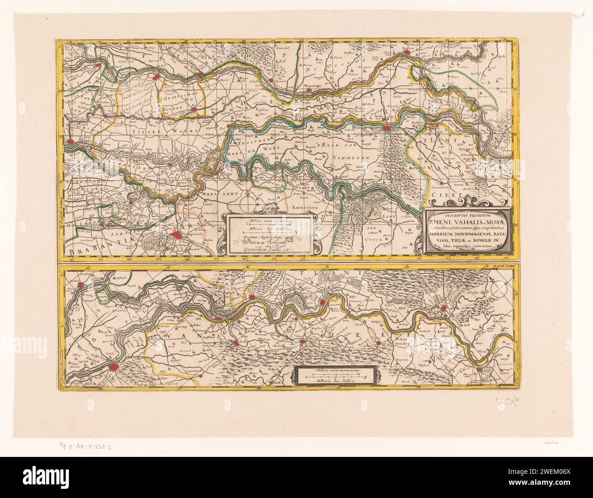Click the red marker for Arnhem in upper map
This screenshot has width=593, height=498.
click(x=407, y=53)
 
